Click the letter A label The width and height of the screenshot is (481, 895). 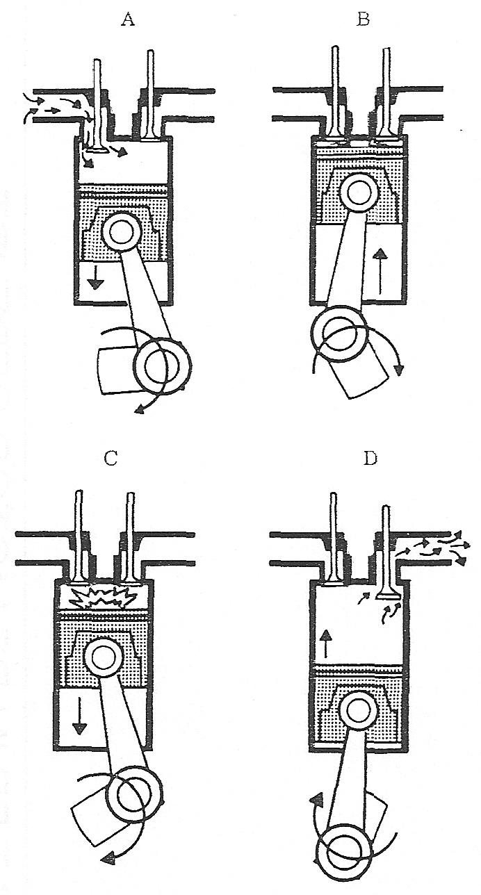click(x=127, y=19)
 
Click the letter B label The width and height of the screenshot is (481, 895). click(x=362, y=19)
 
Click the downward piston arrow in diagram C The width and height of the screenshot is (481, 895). click(x=80, y=716)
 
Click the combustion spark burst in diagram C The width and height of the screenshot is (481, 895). click(x=104, y=596)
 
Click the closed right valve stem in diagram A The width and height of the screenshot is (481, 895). click(x=150, y=90)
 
